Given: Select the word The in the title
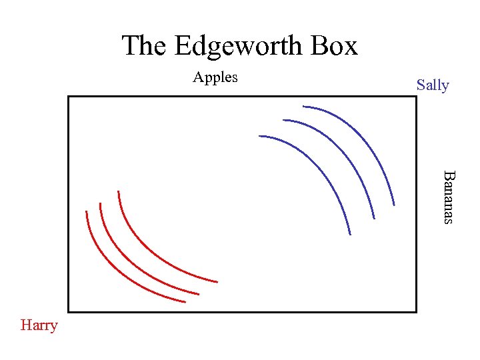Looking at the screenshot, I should [x=145, y=46].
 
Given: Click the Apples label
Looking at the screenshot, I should [x=215, y=77].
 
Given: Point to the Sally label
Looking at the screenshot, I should [x=433, y=85].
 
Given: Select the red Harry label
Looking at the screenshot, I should [x=39, y=325].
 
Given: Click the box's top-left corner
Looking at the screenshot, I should [x=69, y=97].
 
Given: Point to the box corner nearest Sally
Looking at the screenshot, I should [x=416, y=97].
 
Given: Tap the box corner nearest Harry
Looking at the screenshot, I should [x=69, y=311].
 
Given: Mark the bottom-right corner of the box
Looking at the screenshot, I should [x=416, y=311].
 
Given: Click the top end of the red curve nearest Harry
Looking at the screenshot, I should [x=86, y=212].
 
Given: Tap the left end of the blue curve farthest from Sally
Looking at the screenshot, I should [x=259, y=137].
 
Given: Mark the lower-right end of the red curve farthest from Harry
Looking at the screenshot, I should [x=217, y=281].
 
